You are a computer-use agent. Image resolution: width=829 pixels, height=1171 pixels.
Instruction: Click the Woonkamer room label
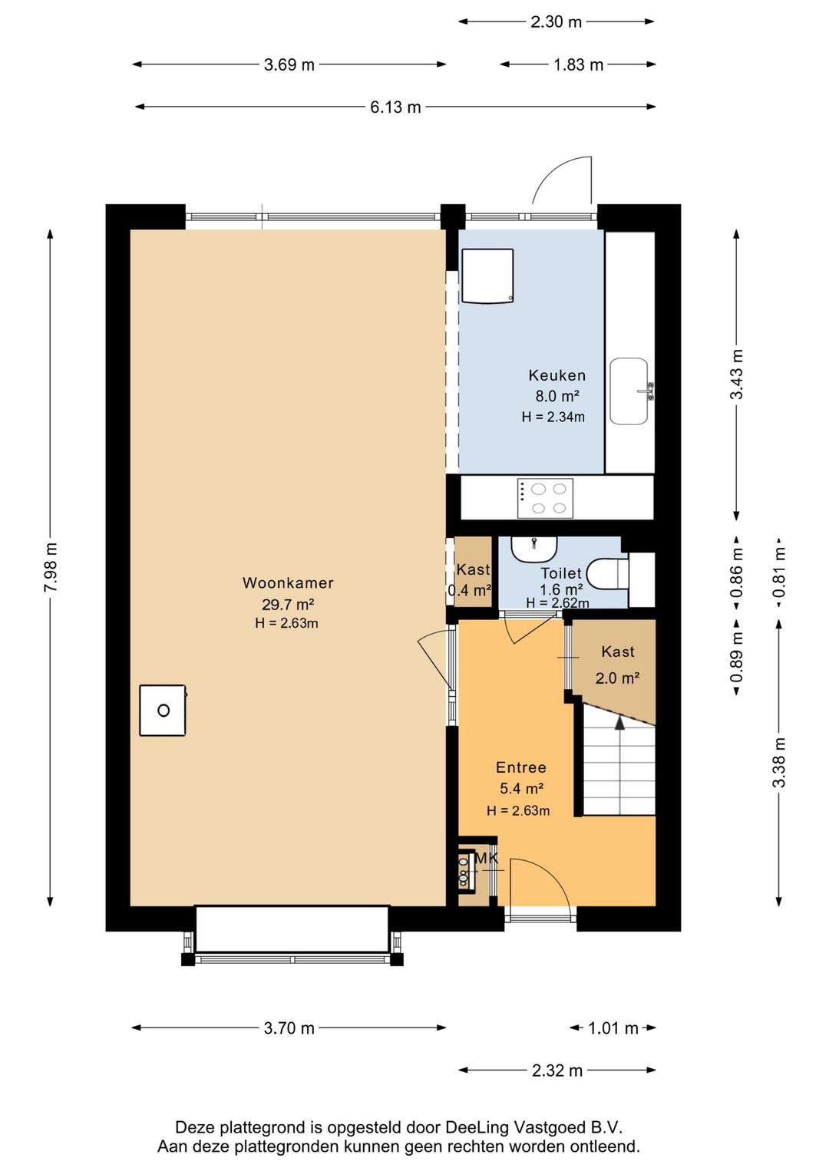[288, 583]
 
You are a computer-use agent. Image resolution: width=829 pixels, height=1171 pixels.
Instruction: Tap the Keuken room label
[557, 374]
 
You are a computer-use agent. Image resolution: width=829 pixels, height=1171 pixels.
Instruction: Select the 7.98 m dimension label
[51, 567]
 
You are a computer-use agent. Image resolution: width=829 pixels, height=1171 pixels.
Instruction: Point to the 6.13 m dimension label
[395, 107]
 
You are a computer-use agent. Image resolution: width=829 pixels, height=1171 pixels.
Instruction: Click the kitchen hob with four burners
[545, 498]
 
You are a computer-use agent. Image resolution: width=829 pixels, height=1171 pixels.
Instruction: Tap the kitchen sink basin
[629, 391]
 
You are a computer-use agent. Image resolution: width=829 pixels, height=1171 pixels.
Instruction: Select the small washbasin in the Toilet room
[534, 549]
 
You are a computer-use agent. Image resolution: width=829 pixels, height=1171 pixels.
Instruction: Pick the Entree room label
[521, 767]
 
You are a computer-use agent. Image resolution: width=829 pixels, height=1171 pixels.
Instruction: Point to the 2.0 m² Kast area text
[618, 678]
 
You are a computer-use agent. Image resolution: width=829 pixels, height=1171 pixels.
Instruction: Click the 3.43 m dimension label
[736, 374]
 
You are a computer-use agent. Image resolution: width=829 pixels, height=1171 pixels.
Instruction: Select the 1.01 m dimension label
[613, 1028]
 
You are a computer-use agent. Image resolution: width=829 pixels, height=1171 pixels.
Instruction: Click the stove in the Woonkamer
[163, 711]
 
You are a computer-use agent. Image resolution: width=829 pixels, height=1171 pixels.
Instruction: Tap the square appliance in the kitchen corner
[487, 276]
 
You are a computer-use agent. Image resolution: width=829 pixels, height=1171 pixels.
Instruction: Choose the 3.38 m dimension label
[779, 762]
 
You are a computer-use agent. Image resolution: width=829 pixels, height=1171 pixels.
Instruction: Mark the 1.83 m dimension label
[579, 64]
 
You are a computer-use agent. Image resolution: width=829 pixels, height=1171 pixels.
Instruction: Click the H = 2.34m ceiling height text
[553, 417]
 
